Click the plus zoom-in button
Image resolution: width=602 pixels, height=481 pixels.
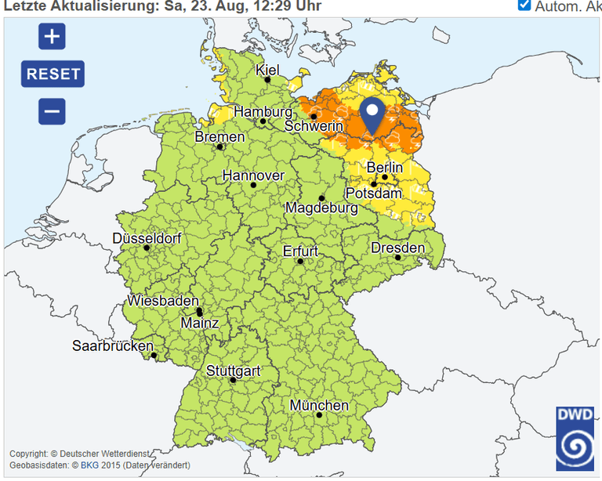pyautogui.click(x=52, y=36)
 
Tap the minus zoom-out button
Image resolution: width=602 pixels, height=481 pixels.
pyautogui.click(x=52, y=111)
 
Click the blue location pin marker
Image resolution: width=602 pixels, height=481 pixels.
pyautogui.click(x=373, y=115)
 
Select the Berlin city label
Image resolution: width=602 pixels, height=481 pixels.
pyautogui.click(x=384, y=168)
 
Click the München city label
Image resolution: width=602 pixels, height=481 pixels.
pyautogui.click(x=319, y=405)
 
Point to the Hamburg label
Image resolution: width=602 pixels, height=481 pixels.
pyautogui.click(x=263, y=112)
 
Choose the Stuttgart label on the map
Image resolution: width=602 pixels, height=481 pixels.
pyautogui.click(x=233, y=371)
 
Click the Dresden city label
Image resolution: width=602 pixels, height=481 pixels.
pyautogui.click(x=397, y=248)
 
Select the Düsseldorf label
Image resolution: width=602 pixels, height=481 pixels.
pyautogui.click(x=147, y=238)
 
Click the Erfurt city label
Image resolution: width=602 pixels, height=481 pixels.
pyautogui.click(x=300, y=251)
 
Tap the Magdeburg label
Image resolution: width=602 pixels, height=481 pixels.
pyautogui.click(x=321, y=208)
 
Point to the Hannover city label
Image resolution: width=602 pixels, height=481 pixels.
pyautogui.click(x=253, y=175)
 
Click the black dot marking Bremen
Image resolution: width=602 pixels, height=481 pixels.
pyautogui.click(x=220, y=146)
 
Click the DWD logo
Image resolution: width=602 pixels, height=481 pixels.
pyautogui.click(x=575, y=439)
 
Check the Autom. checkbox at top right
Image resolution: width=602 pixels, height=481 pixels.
pyautogui.click(x=524, y=5)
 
